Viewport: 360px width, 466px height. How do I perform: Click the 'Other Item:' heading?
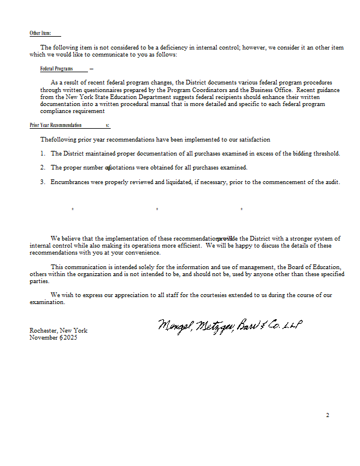40,33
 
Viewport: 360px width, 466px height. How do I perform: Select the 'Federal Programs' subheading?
56,69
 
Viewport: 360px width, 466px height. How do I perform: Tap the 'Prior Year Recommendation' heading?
56,125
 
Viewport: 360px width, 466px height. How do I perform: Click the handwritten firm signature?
230,326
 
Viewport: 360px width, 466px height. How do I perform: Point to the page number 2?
327,415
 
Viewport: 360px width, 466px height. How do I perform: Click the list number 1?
43,154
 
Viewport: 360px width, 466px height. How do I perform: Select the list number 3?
43,182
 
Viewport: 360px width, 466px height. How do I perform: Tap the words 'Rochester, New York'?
58,330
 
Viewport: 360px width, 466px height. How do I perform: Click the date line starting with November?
53,338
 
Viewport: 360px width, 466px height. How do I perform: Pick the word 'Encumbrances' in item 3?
71,182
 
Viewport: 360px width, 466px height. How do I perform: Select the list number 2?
43,168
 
